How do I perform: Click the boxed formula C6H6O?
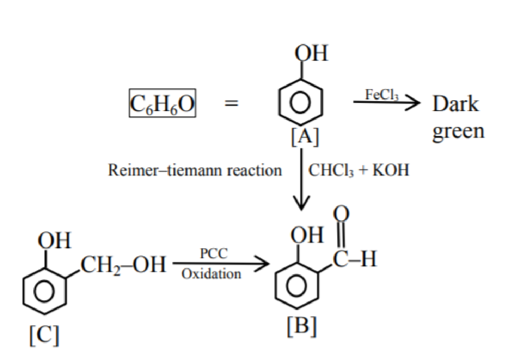pos(162,103)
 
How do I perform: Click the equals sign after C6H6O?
pos(231,103)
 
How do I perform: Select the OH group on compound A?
pos(311,53)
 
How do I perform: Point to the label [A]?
pos(305,136)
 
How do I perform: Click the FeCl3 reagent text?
pos(382,95)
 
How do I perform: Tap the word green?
pos(458,132)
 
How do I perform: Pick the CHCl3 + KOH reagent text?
pos(359,170)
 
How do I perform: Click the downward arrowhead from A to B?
pos(301,203)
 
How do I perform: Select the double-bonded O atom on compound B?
pos(341,214)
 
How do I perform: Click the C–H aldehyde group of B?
pos(355,259)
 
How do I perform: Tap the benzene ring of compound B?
pos(297,285)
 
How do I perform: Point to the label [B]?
pos(302,326)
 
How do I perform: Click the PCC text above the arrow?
pos(214,253)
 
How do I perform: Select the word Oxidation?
pos(211,274)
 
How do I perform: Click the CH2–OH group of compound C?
pos(123,265)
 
